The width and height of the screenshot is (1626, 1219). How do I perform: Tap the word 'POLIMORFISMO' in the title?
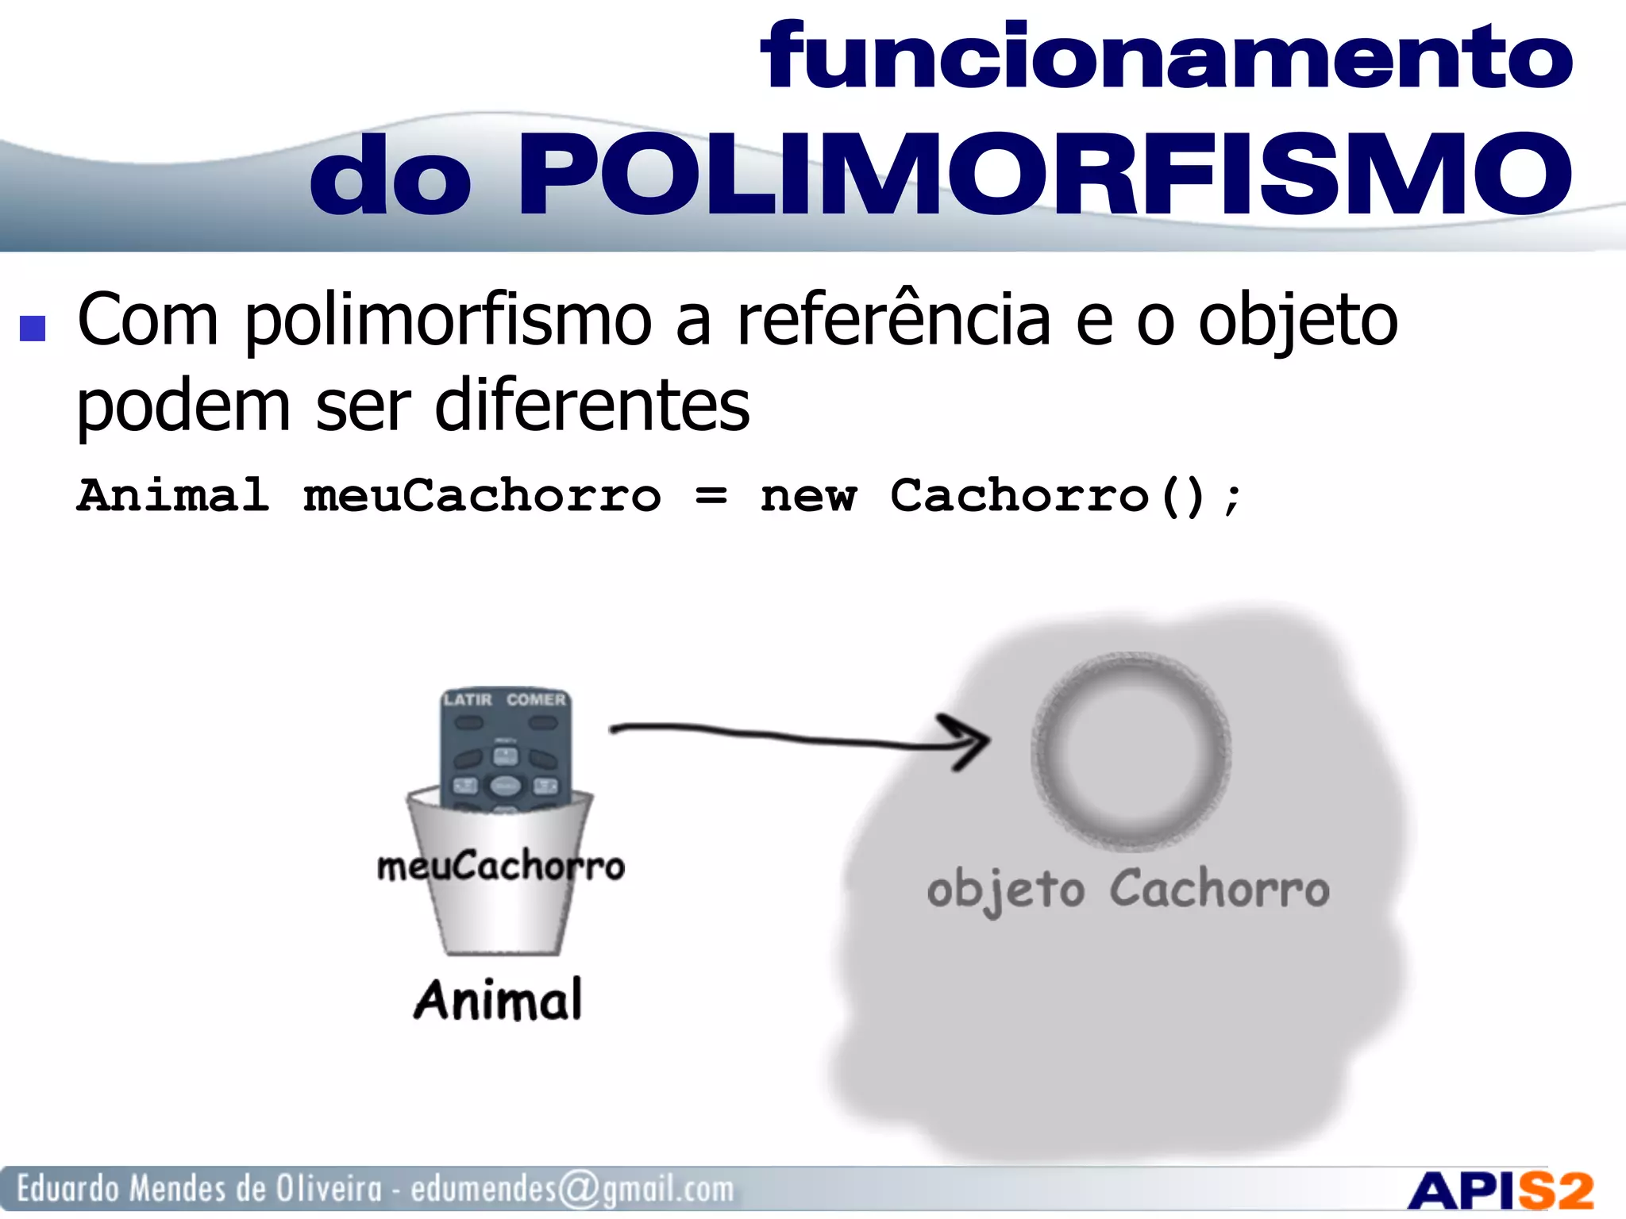(1043, 175)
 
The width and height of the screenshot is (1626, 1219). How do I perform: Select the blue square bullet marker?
(33, 328)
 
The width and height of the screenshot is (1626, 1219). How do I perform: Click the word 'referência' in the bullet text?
(894, 321)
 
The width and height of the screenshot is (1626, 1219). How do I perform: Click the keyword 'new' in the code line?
(808, 498)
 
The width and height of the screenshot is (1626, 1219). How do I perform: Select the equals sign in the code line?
(711, 498)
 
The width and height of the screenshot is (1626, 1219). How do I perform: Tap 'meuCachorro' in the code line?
(482, 498)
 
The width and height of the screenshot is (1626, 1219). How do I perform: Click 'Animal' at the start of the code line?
(173, 496)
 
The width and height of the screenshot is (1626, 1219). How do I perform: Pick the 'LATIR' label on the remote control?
(468, 700)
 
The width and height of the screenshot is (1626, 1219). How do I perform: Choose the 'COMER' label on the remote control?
(537, 700)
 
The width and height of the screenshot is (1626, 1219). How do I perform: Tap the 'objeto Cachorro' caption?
(1128, 890)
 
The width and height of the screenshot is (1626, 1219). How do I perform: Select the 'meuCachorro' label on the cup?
(501, 866)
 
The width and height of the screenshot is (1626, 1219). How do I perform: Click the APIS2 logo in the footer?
(1501, 1191)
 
